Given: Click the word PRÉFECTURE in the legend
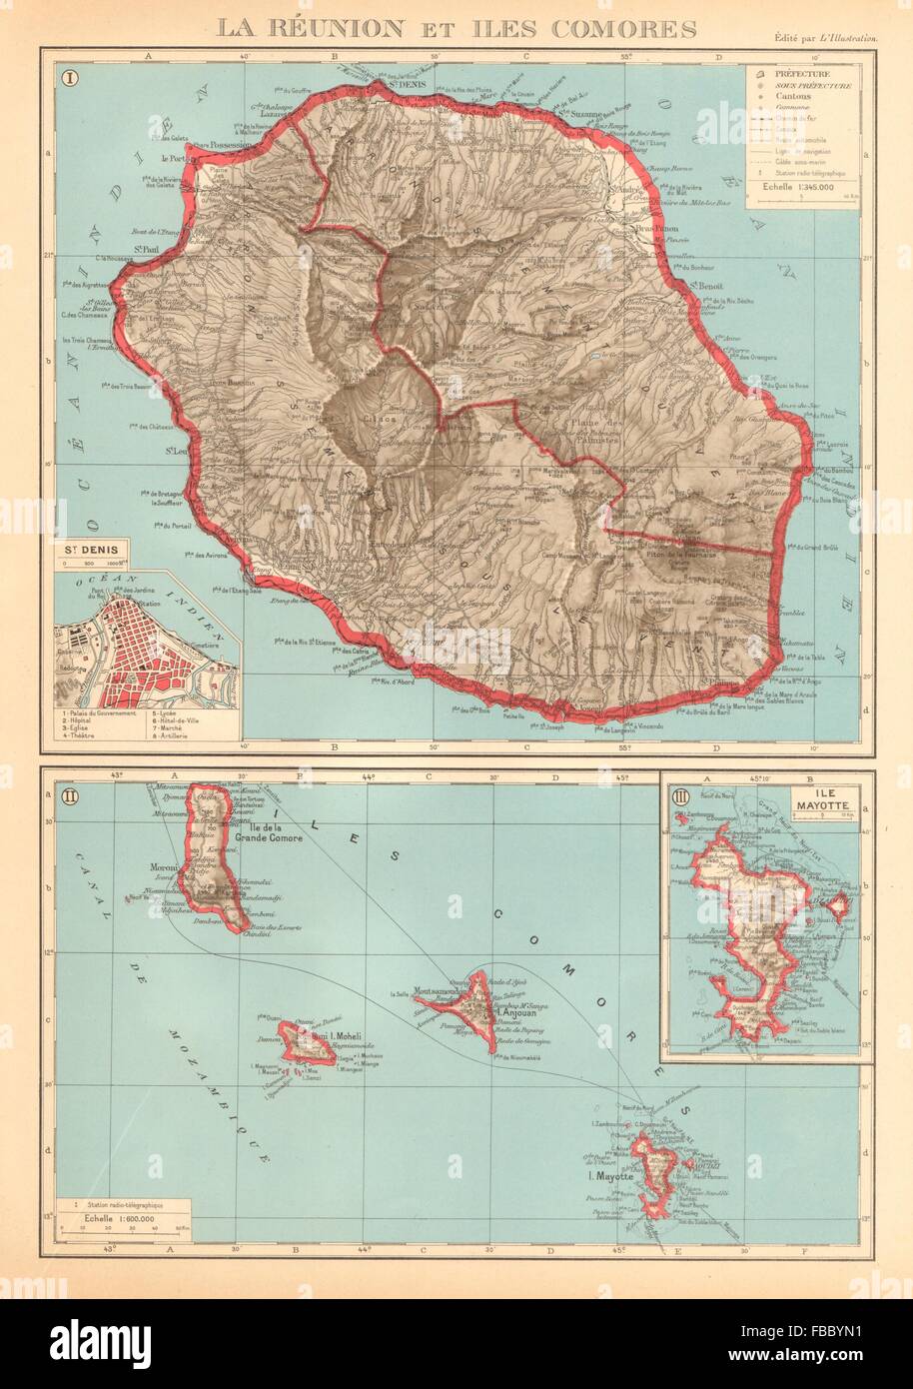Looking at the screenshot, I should [x=809, y=73].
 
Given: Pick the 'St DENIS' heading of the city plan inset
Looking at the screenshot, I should [x=87, y=549].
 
